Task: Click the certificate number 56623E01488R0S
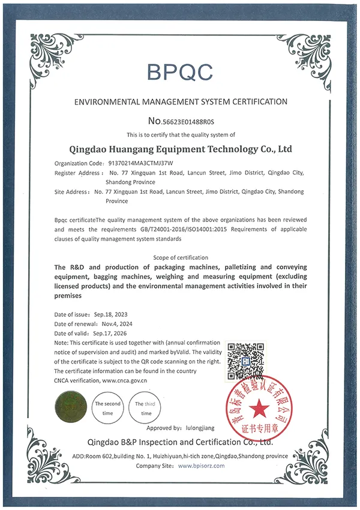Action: (188, 120)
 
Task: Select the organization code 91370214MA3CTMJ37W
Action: (140, 163)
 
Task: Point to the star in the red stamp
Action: (259, 409)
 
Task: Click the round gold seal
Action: (69, 409)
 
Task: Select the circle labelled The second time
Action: (108, 409)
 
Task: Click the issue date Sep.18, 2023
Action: (110, 314)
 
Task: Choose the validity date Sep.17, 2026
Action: (110, 334)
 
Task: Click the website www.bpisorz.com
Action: (202, 466)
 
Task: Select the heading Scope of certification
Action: (180, 257)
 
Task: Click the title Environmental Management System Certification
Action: (180, 102)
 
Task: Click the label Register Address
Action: (78, 173)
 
